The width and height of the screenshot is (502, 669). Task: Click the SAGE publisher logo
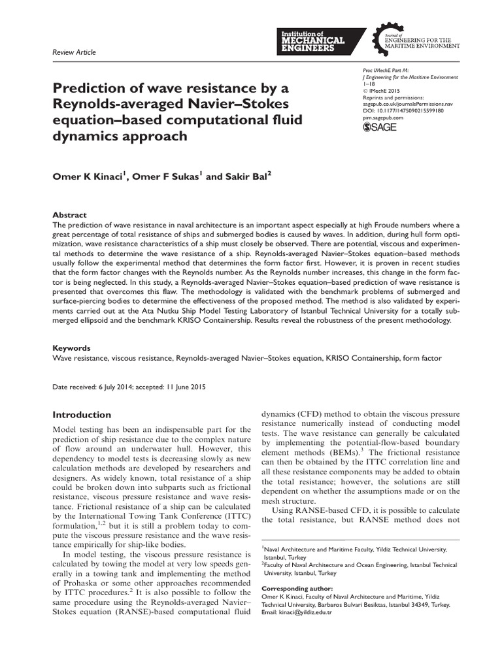point(379,127)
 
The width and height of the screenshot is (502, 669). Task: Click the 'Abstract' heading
point(69,215)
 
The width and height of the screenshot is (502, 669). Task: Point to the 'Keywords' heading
point(71,348)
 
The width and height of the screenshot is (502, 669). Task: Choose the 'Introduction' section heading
point(82,415)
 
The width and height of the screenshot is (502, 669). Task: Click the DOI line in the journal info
point(403,111)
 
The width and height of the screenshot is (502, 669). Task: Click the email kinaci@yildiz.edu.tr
point(307,612)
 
